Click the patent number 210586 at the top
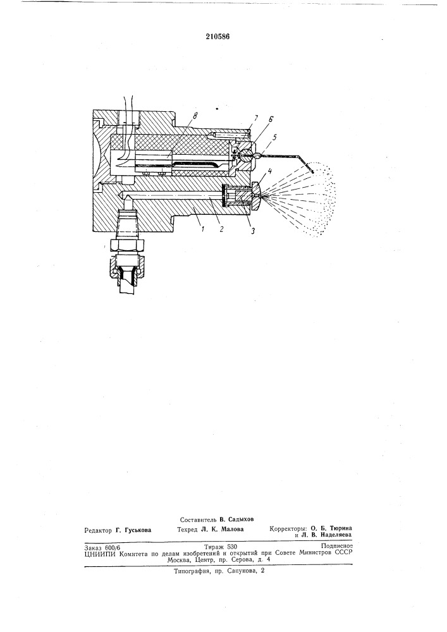[x=217, y=36]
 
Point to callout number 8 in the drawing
[x=196, y=116]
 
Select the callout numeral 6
[x=271, y=119]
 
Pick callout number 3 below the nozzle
[x=253, y=232]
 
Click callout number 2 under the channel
[x=221, y=229]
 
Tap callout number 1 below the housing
[x=203, y=229]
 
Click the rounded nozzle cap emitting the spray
[x=256, y=197]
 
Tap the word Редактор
[x=97, y=530]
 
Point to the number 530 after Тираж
[x=232, y=547]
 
